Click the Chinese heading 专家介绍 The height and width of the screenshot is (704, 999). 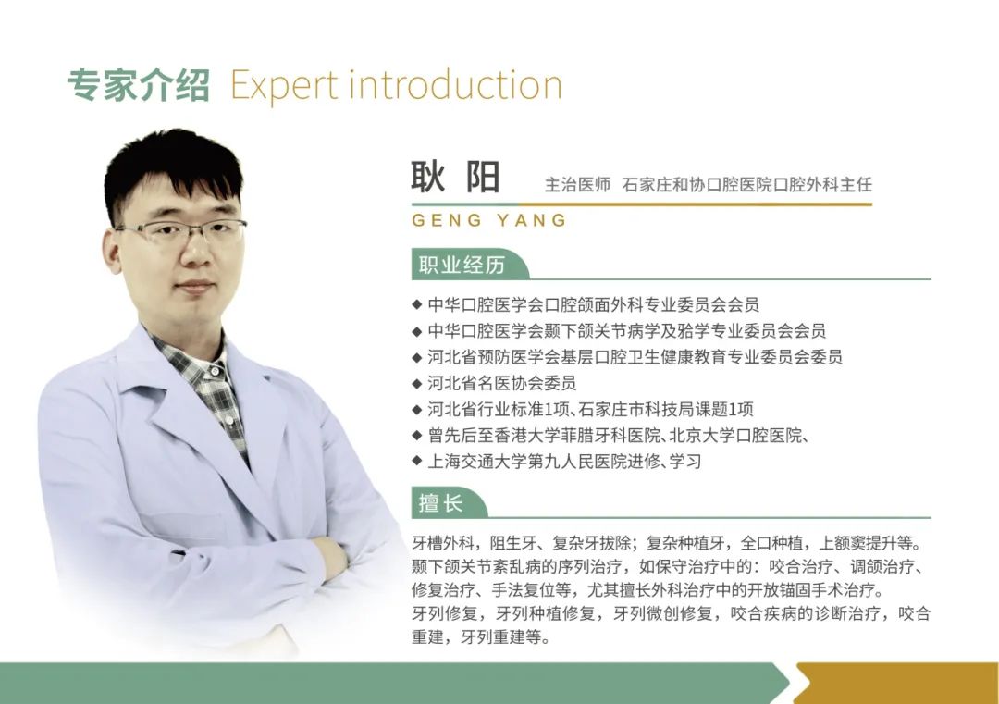pos(138,85)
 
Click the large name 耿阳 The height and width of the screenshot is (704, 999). pos(455,177)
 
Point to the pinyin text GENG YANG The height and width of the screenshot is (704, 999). pos(489,220)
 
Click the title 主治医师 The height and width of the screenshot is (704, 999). pos(577,185)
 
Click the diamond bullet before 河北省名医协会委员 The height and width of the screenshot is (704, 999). pos(417,383)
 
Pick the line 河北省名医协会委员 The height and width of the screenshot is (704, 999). pos(502,383)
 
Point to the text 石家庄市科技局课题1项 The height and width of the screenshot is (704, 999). pos(666,409)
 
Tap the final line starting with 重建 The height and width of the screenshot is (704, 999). pos(481,636)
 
